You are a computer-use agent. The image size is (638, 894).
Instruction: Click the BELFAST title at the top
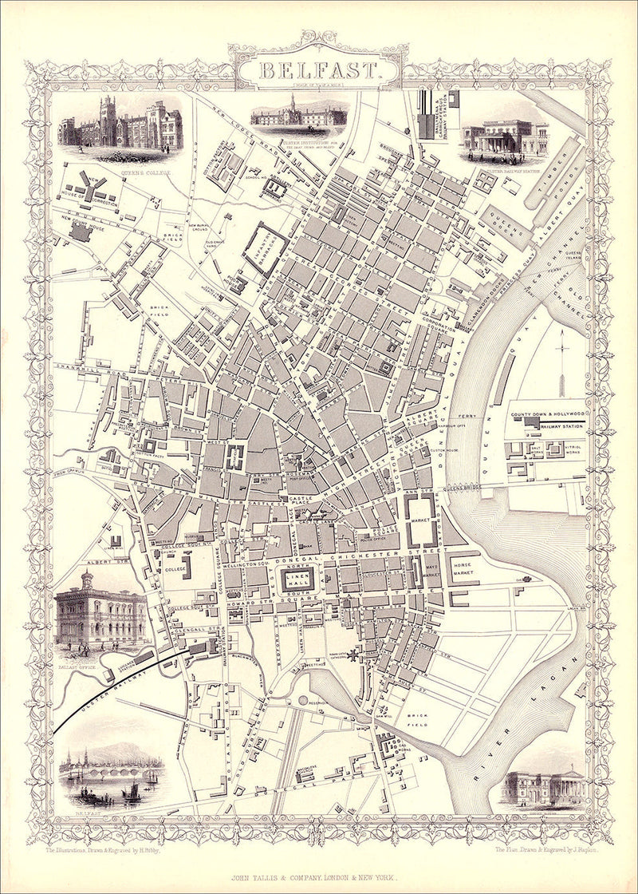click(x=318, y=69)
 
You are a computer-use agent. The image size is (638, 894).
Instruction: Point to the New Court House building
click(x=81, y=231)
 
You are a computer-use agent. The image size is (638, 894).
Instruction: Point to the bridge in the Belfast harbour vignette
click(x=104, y=772)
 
